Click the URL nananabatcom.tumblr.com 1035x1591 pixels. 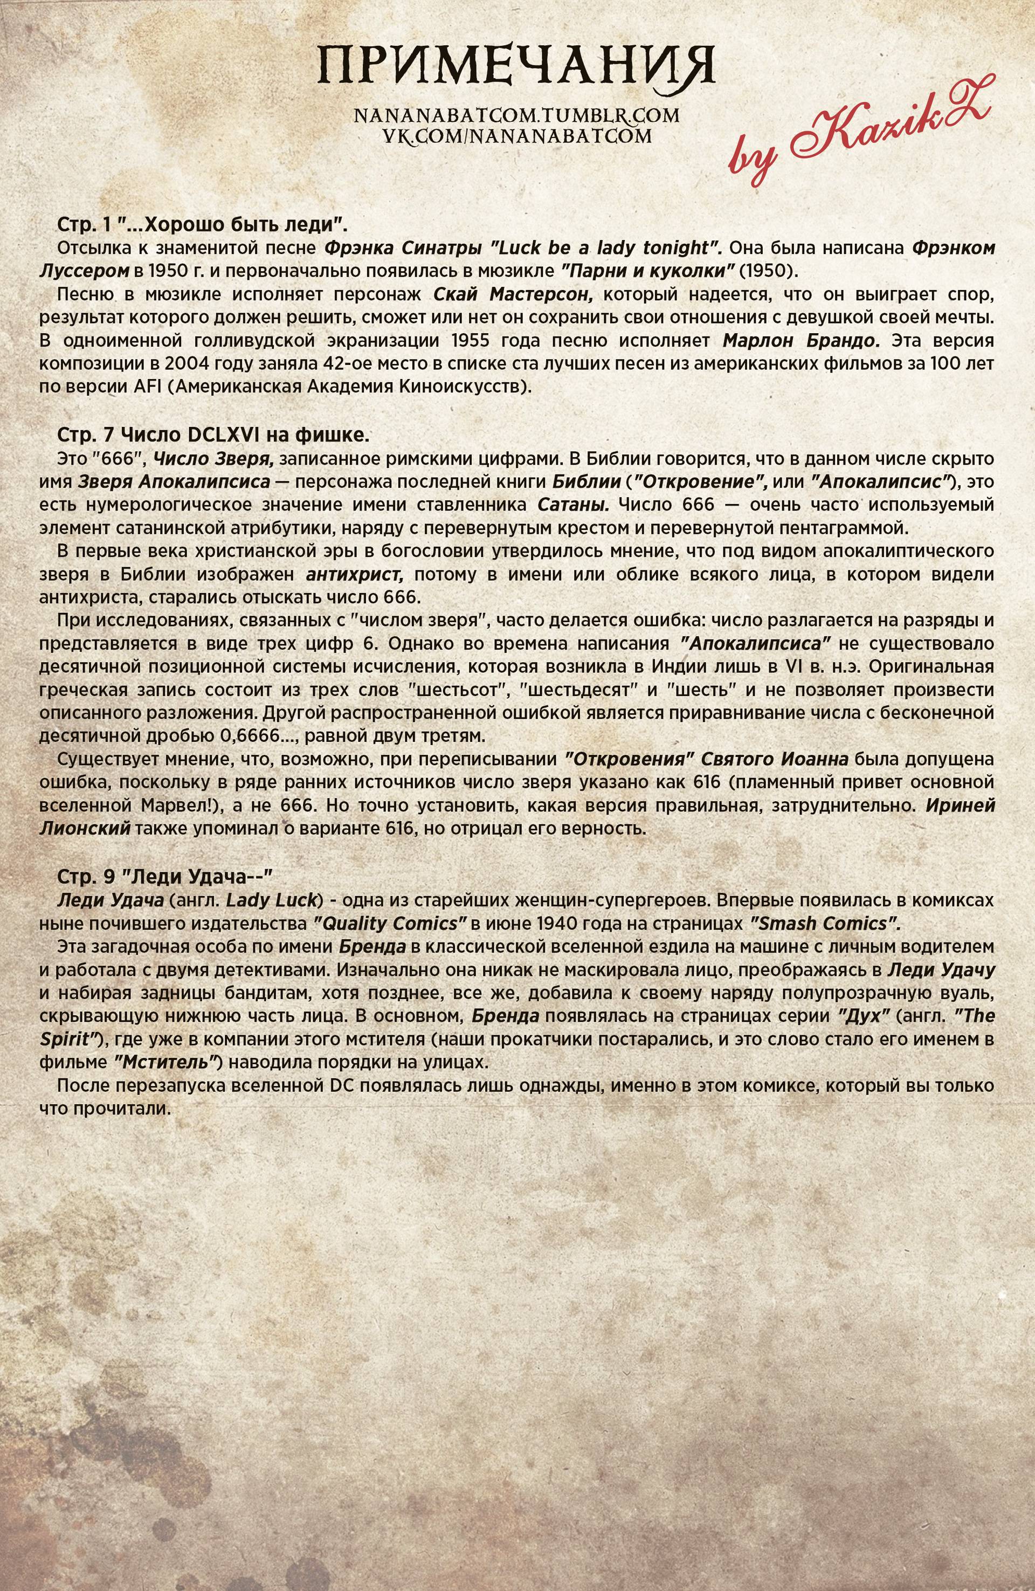click(517, 116)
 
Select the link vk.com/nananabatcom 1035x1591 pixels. click(517, 136)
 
